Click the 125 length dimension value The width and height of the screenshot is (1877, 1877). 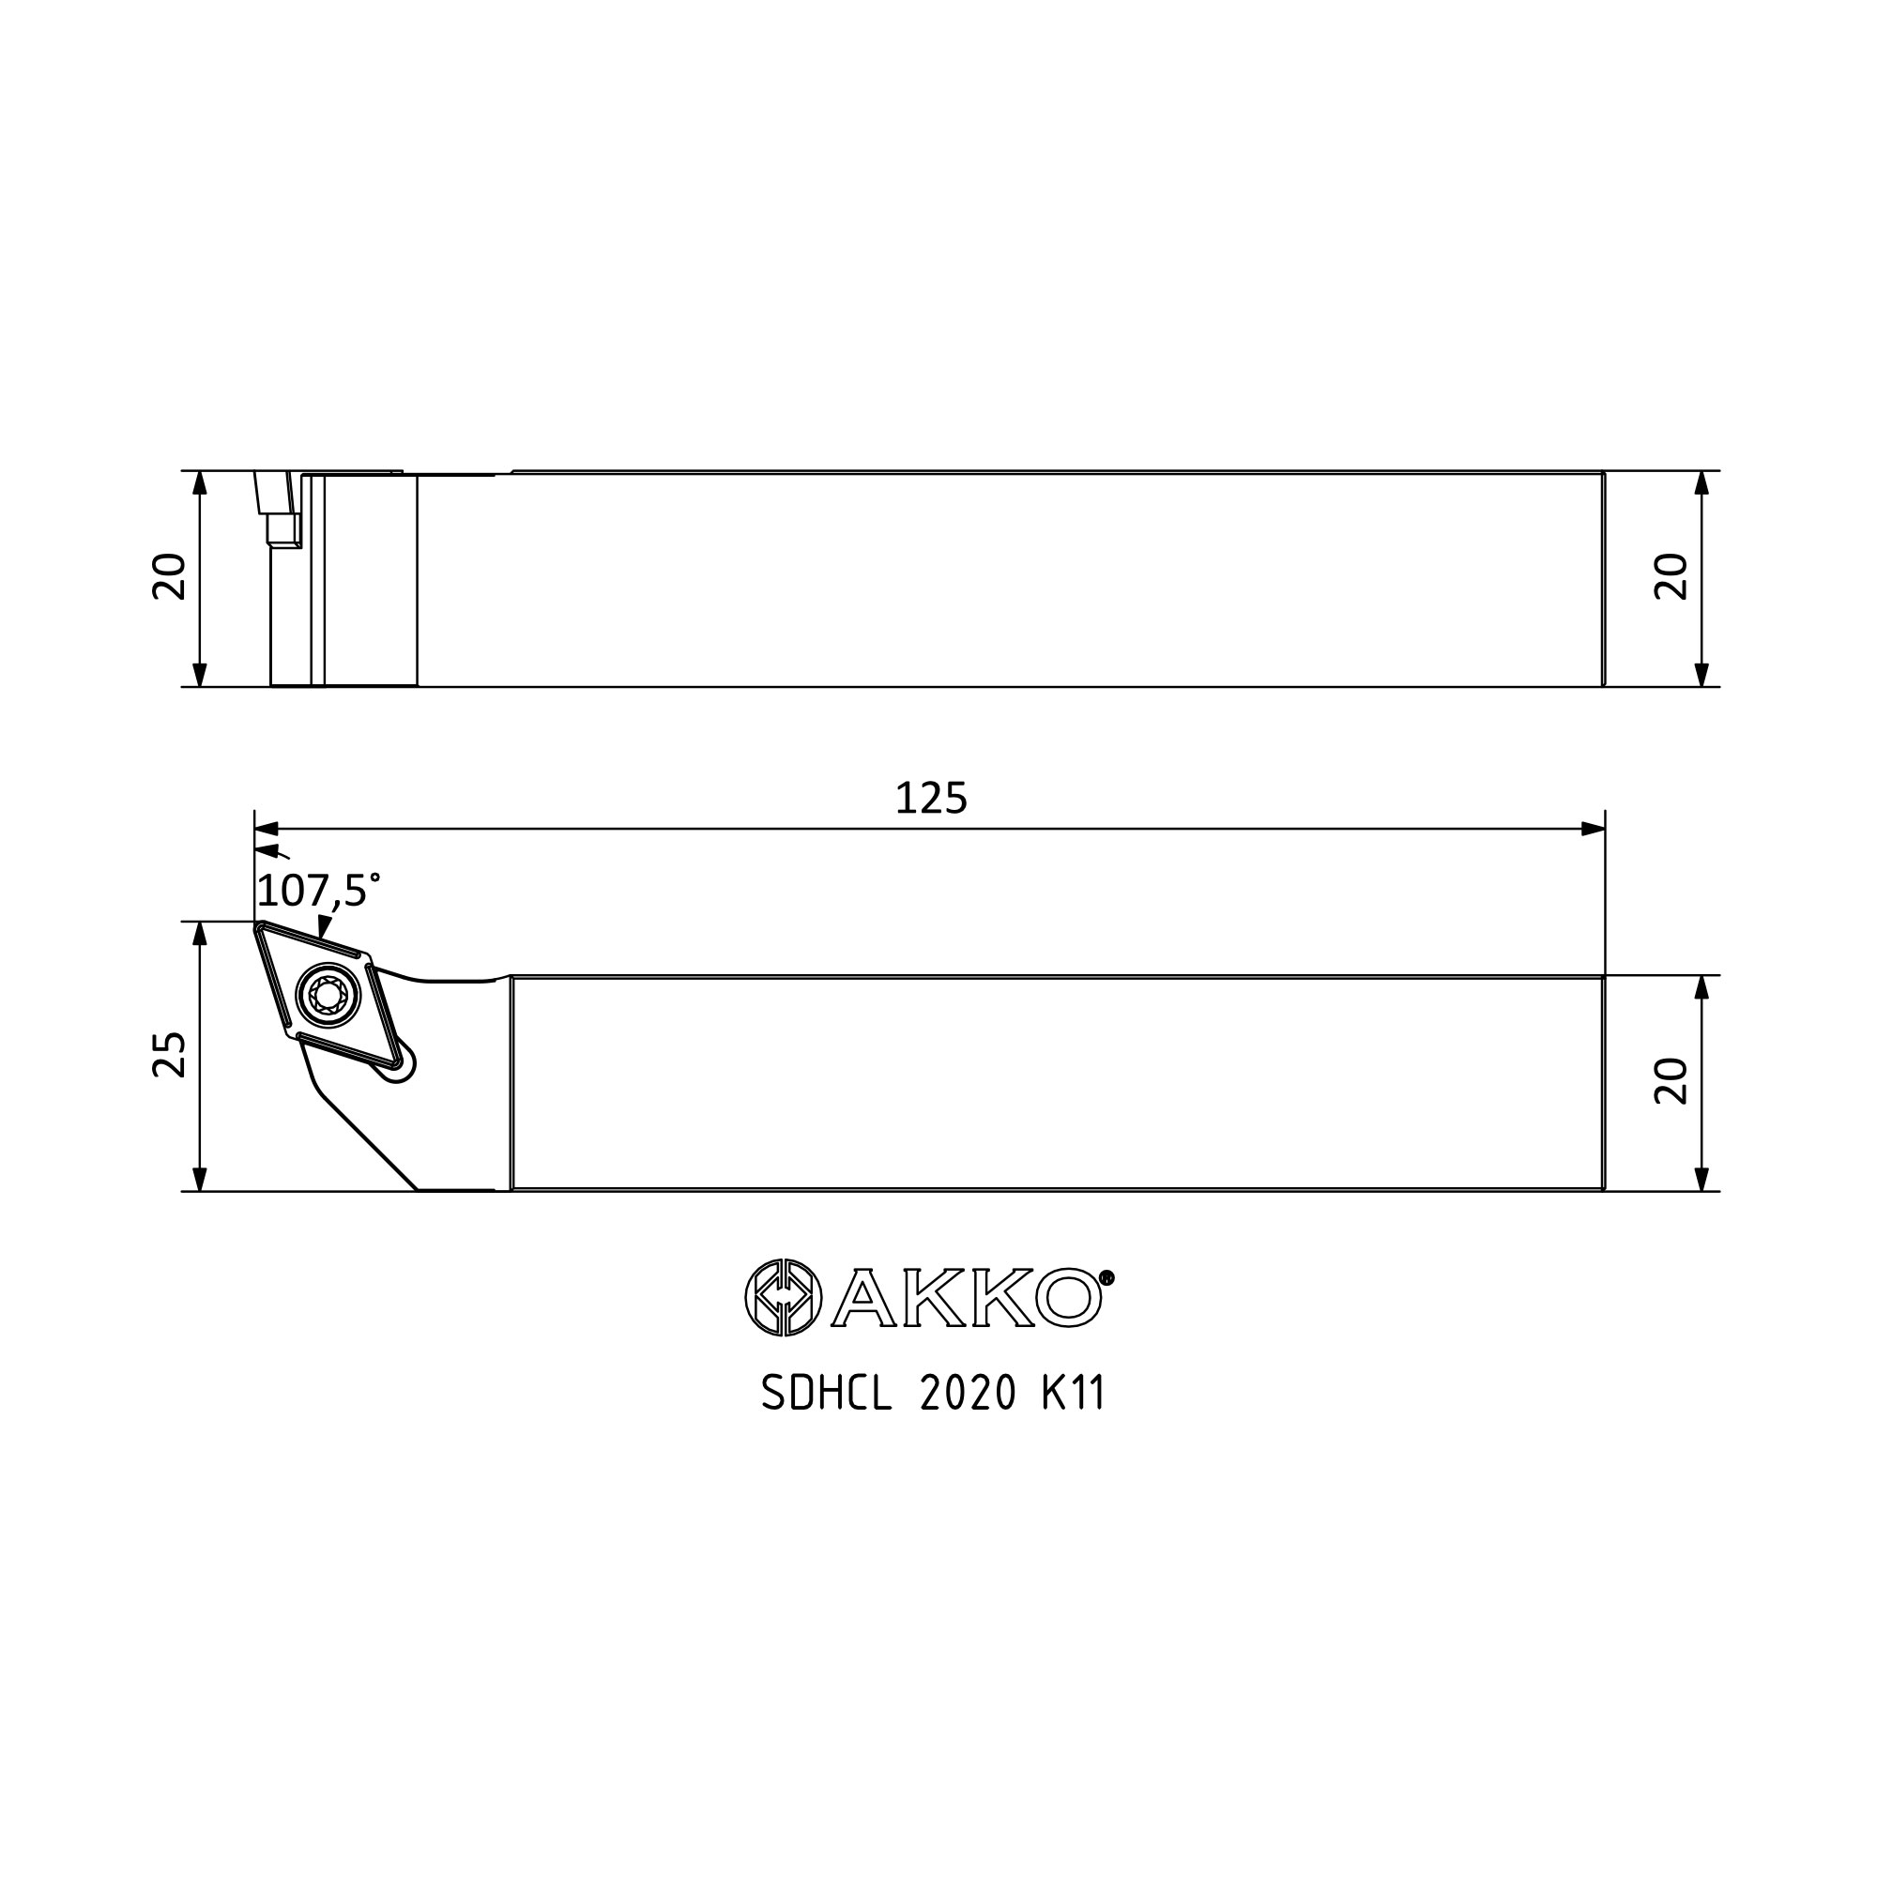coord(931,799)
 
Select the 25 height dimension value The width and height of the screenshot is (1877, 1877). coord(169,1055)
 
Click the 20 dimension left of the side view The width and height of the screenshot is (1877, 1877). coord(169,577)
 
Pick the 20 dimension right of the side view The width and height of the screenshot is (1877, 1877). coord(1671,577)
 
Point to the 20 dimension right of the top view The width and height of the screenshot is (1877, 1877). coord(1671,1081)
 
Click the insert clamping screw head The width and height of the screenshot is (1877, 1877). coord(328,994)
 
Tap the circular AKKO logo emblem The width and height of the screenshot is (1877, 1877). coord(783,1297)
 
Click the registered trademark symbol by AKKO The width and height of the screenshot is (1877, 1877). coord(1106,1277)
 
